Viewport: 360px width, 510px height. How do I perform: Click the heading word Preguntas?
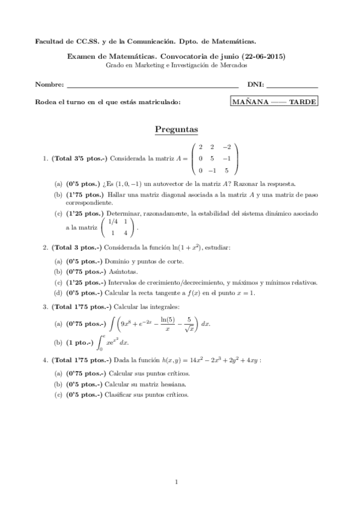(x=177, y=129)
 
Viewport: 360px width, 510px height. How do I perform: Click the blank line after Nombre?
(x=153, y=87)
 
